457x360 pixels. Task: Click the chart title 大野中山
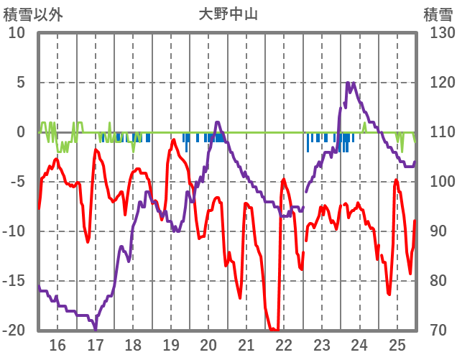click(x=228, y=14)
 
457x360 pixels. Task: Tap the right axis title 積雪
click(x=437, y=14)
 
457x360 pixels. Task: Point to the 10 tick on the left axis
click(x=17, y=33)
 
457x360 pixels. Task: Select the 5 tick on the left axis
click(x=20, y=83)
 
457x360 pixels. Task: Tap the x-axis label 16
click(x=57, y=344)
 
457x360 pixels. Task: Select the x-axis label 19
click(x=171, y=344)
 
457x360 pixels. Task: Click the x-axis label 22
click(x=284, y=344)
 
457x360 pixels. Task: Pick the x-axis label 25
click(x=397, y=344)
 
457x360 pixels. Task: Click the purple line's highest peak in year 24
click(x=348, y=83)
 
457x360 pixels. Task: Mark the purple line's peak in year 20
click(x=218, y=122)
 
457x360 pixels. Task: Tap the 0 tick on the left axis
click(x=20, y=132)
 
